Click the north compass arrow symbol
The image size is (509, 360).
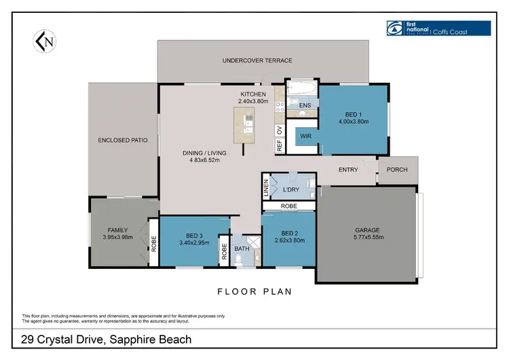(x=43, y=42)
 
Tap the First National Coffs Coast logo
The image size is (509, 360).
(x=437, y=28)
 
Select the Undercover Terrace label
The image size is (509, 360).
(x=257, y=60)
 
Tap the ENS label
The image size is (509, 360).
(x=305, y=105)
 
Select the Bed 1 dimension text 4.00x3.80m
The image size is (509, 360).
(x=352, y=122)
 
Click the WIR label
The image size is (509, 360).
(x=306, y=135)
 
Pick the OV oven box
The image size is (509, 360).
(x=279, y=129)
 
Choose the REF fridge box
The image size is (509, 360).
(x=279, y=145)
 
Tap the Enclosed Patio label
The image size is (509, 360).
(x=123, y=141)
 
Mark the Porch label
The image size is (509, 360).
(x=397, y=170)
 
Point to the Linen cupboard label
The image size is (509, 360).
(x=266, y=188)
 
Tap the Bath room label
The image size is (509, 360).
(x=242, y=249)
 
